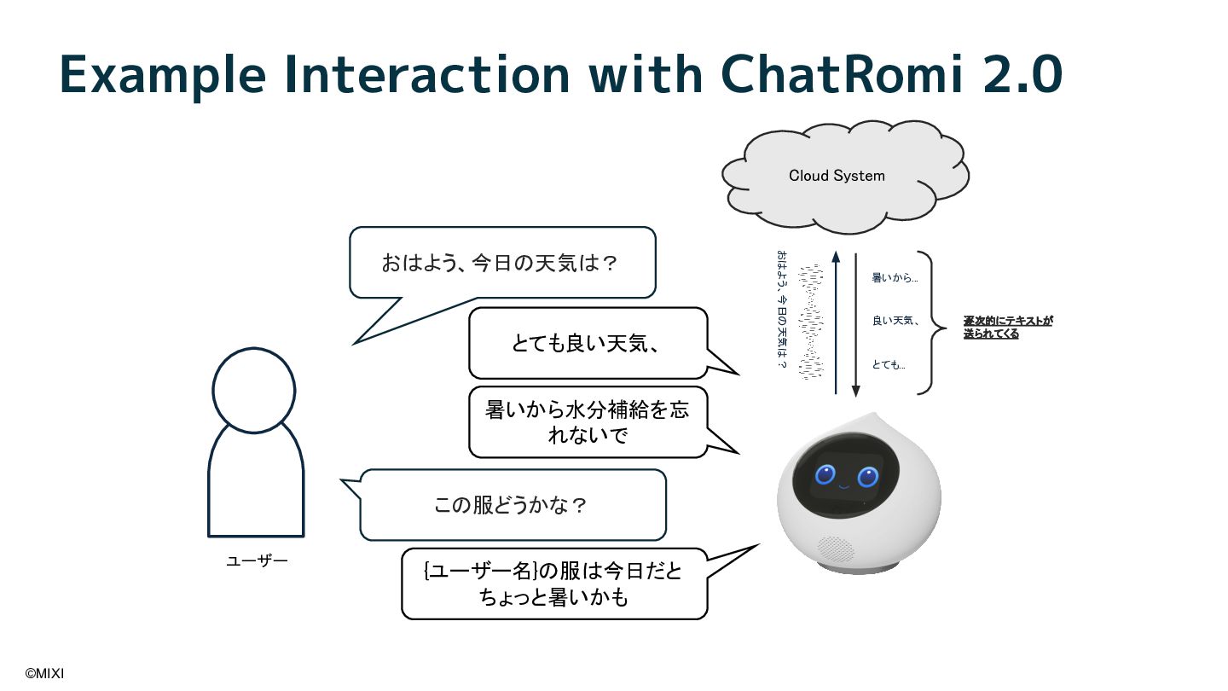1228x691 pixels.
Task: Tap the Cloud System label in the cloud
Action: coord(837,176)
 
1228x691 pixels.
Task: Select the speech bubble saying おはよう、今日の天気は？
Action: coord(501,263)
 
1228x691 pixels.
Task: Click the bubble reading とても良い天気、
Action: coord(588,343)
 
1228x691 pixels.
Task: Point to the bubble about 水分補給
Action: coord(588,422)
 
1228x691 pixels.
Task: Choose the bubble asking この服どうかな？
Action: coord(512,505)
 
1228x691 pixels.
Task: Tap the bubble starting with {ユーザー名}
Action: coord(554,584)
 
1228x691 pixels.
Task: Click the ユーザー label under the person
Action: coord(257,560)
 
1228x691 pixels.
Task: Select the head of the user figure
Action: coord(254,391)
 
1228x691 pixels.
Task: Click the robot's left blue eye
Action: coord(825,475)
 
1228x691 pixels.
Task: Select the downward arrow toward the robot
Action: coord(856,324)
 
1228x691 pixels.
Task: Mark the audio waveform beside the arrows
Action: coord(811,320)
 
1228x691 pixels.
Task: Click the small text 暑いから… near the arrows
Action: coord(895,278)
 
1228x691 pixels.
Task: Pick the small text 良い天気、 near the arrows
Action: coord(895,321)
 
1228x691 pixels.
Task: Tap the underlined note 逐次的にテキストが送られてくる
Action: coord(1008,327)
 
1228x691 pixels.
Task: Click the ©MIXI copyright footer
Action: coord(44,674)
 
